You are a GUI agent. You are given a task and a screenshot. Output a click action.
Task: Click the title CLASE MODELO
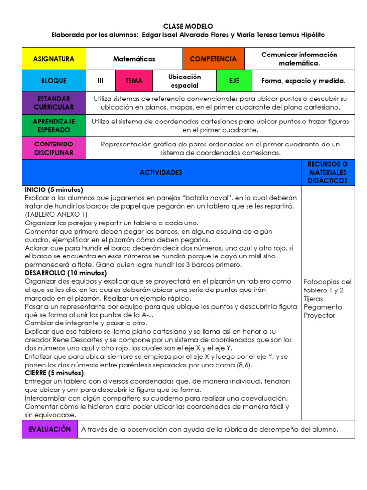coord(188,26)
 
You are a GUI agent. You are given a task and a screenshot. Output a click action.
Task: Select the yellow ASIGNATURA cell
coord(54,59)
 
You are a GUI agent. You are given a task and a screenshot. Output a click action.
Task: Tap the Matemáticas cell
coord(134,59)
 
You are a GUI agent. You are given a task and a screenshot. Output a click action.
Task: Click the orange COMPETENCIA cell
coord(213,59)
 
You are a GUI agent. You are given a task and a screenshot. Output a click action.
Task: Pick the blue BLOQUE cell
coord(54,81)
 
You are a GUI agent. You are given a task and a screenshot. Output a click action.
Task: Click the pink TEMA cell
coord(134,81)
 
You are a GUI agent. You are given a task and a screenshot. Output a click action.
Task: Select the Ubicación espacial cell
coord(184,81)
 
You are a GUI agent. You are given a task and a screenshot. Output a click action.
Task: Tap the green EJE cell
coord(234,81)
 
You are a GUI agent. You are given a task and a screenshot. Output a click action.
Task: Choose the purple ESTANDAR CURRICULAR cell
coord(54,103)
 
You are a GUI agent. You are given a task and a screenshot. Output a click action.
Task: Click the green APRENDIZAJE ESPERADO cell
coord(54,125)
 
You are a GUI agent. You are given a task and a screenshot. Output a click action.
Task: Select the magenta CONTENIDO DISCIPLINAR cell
coord(54,148)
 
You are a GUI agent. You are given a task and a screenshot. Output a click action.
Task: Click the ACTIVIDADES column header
coord(161,172)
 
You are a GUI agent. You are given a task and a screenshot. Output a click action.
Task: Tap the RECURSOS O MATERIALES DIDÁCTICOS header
coord(328,172)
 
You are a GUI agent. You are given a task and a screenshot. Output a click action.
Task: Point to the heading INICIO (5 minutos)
coord(54,189)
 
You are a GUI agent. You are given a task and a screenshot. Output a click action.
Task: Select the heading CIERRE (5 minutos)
coord(54,373)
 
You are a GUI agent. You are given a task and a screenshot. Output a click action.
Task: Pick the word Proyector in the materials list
coord(319,315)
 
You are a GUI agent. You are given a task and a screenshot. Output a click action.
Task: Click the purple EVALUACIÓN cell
coord(50,429)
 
